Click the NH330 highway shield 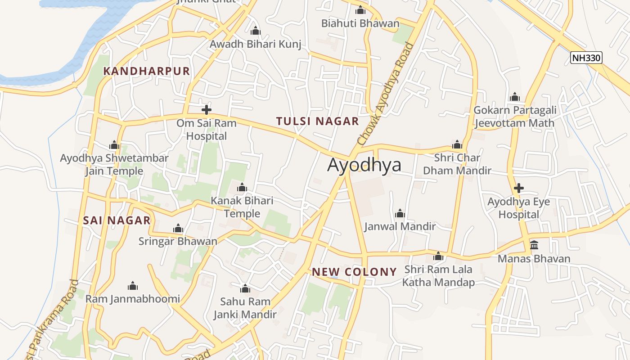[586, 58]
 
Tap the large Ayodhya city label [364, 165]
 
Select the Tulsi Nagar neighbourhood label [317, 121]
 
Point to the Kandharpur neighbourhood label [147, 71]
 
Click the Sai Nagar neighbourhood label [117, 220]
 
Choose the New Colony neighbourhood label [354, 272]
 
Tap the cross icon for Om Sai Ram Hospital [207, 109]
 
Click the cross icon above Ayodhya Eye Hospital [519, 188]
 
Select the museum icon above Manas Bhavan [534, 245]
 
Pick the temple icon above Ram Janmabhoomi [132, 286]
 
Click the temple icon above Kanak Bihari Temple [242, 187]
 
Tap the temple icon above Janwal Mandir [400, 213]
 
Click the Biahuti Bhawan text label [360, 23]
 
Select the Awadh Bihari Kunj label [255, 44]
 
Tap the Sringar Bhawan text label [178, 241]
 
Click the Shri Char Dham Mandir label [457, 164]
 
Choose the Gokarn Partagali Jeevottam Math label [514, 117]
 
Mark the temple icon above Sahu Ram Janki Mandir [245, 288]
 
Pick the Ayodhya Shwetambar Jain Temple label [114, 165]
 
